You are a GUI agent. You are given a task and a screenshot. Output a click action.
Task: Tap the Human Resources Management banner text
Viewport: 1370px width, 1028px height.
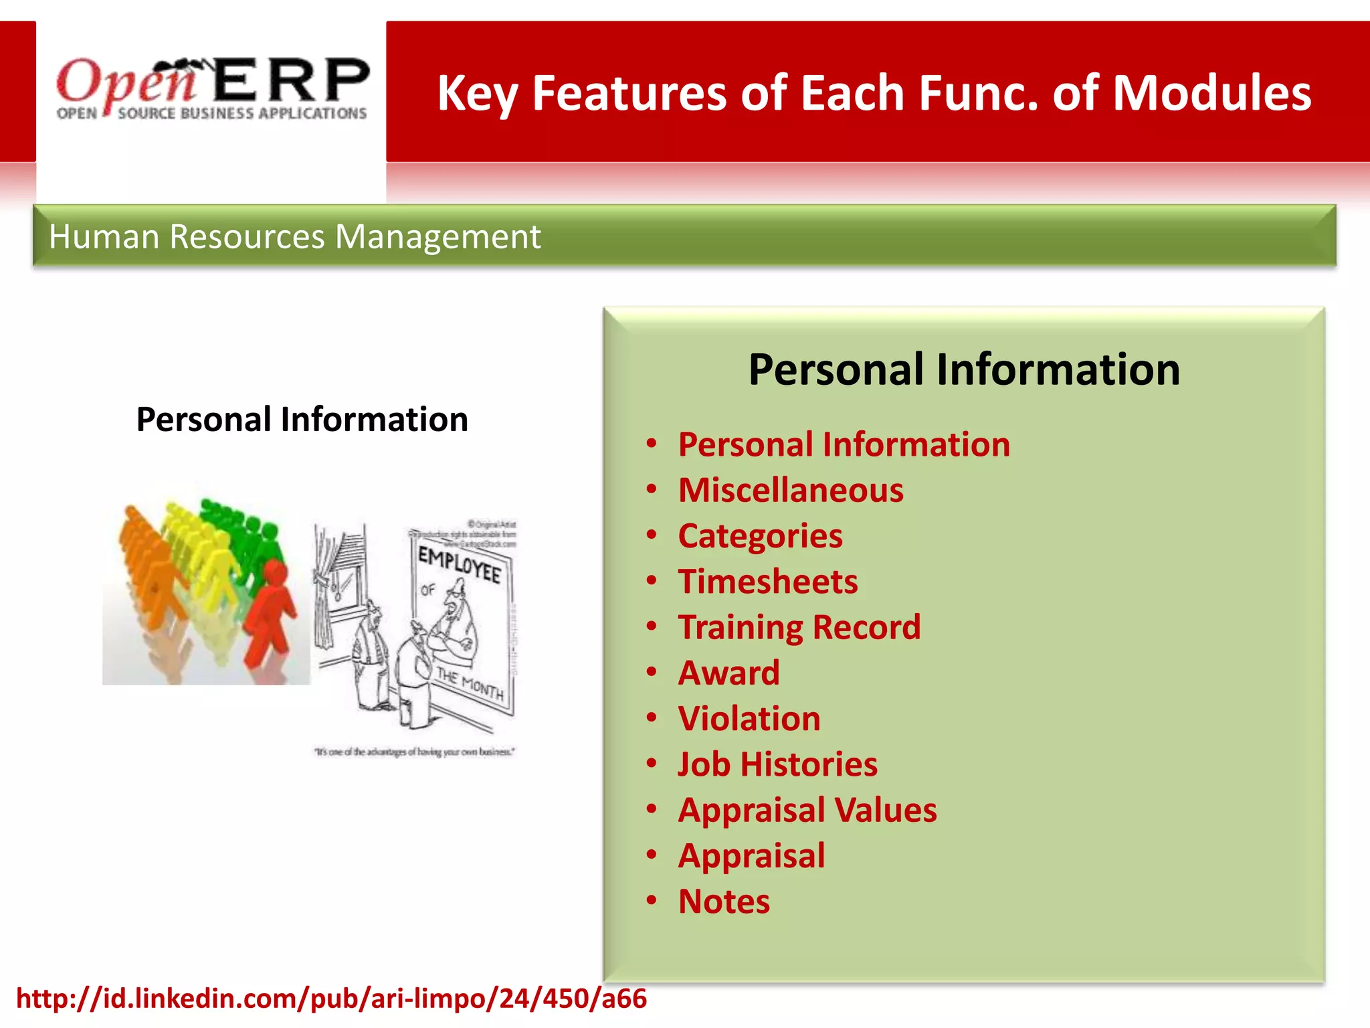294,237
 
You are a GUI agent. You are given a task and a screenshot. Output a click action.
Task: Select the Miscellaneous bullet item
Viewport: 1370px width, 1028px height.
791,491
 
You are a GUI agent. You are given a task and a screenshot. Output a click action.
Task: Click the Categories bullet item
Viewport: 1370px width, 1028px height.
760,536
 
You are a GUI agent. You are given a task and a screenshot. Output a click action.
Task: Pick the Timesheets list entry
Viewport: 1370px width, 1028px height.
768,582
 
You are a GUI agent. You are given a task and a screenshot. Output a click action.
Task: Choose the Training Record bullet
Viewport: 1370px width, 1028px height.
799,627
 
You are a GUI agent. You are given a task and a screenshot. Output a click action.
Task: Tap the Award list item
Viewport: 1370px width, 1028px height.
729,673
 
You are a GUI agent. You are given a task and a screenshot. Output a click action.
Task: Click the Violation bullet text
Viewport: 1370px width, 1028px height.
749,719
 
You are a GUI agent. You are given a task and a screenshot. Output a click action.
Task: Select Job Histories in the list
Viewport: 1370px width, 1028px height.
777,764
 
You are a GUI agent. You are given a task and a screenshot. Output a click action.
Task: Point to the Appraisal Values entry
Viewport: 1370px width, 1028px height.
807,810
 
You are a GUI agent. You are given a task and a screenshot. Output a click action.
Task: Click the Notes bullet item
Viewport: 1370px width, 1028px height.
724,902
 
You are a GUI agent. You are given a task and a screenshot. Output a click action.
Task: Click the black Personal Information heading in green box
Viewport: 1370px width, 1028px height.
964,369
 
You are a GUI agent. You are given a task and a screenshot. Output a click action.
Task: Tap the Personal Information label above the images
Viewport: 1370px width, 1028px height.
302,420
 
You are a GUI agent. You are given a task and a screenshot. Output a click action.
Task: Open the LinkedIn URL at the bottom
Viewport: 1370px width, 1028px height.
331,999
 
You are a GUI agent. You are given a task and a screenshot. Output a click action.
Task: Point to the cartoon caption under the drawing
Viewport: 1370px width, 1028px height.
415,752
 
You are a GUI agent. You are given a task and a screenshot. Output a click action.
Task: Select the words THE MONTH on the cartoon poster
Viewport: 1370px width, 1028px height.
470,684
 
